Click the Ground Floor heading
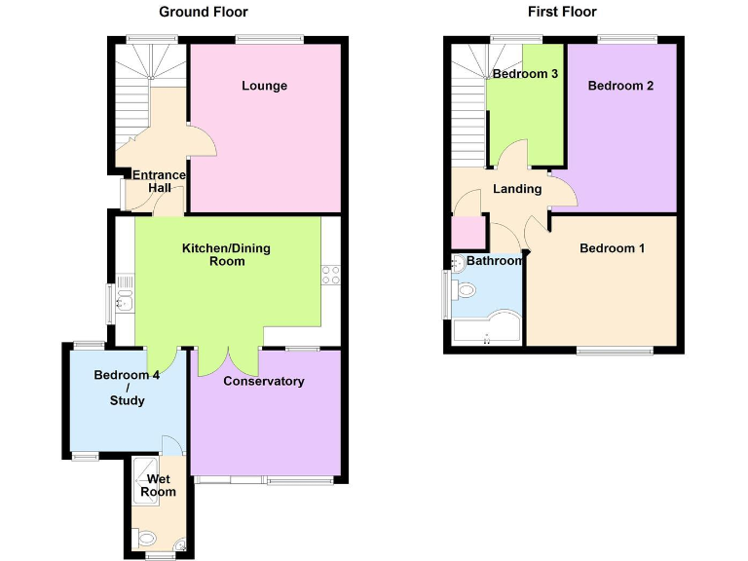(x=204, y=12)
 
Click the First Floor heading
(x=563, y=12)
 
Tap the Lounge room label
(x=264, y=86)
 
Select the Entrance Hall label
(x=159, y=181)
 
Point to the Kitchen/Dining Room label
(x=226, y=254)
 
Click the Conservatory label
(x=264, y=381)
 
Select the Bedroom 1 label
(x=612, y=248)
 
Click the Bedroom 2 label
(x=620, y=86)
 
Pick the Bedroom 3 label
(x=525, y=74)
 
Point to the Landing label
(x=516, y=189)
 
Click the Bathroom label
(x=494, y=261)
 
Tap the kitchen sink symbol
(x=124, y=292)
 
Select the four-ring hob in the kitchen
(x=331, y=275)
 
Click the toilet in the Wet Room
(x=147, y=537)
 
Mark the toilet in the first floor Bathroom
(x=467, y=289)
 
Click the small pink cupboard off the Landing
(x=468, y=232)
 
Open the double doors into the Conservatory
(x=229, y=360)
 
